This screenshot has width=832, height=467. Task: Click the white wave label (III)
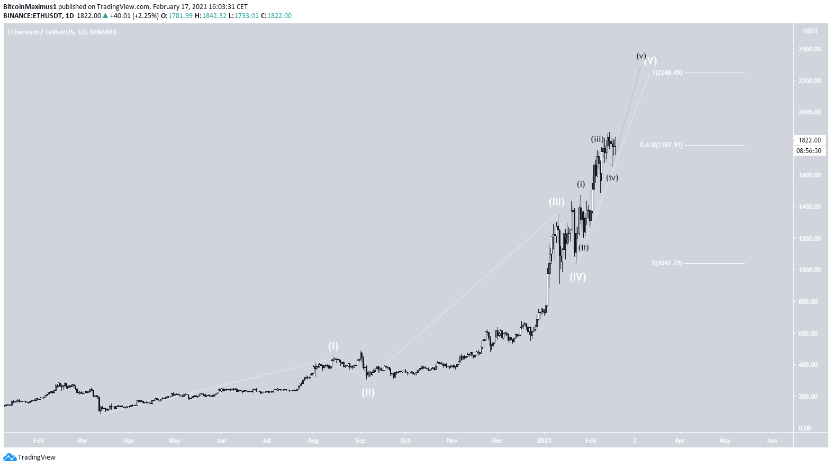pos(556,202)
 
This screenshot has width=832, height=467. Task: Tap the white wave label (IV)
pos(577,277)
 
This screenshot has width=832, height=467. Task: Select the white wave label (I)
pos(333,346)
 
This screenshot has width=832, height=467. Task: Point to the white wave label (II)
pos(368,392)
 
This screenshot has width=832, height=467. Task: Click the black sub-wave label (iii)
pos(597,139)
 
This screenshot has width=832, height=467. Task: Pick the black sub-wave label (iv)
pos(612,178)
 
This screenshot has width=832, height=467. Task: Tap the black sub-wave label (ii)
pos(583,248)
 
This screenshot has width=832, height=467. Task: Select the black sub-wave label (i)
pos(581,184)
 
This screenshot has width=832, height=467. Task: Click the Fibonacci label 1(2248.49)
pos(667,73)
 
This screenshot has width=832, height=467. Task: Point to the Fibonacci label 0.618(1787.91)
pos(661,145)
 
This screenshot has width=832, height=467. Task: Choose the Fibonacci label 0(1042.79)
pos(667,263)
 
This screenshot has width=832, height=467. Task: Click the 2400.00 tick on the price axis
pos(810,49)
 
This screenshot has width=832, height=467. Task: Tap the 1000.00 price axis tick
pos(810,270)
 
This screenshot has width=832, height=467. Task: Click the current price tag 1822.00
pos(809,140)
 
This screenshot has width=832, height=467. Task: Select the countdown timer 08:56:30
pos(809,151)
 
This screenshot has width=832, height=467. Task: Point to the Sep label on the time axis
pos(360,441)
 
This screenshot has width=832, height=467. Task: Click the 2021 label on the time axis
pos(544,441)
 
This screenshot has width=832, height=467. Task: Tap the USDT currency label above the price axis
pos(810,31)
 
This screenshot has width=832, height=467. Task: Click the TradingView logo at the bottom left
pos(30,457)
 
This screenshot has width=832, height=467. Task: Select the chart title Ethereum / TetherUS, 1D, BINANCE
pos(62,32)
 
